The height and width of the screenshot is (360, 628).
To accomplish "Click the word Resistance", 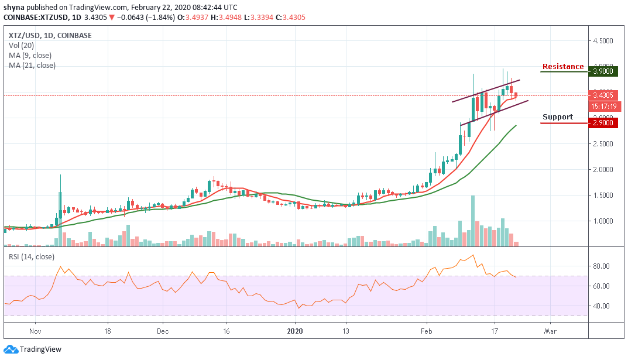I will [562, 67].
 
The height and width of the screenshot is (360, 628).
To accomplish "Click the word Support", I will [557, 117].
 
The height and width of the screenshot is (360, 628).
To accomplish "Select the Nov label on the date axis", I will [35, 330].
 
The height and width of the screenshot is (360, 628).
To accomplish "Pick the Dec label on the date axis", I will [163, 330].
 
